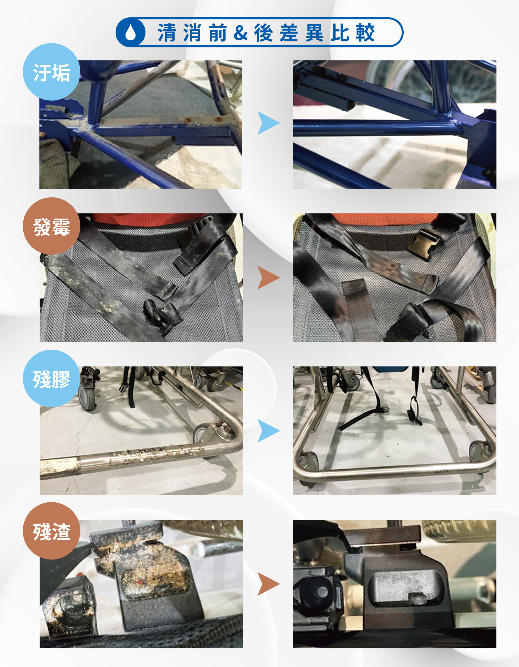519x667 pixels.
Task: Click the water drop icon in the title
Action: (x=131, y=32)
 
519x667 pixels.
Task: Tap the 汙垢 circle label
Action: (x=52, y=72)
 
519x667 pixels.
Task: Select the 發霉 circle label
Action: (x=52, y=226)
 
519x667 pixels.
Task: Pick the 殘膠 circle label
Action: (x=52, y=378)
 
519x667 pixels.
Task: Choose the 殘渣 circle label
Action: (x=52, y=531)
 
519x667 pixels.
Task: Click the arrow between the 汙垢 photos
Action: (x=267, y=123)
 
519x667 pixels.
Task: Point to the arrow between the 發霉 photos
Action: (x=267, y=278)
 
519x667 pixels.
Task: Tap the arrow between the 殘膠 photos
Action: (x=267, y=431)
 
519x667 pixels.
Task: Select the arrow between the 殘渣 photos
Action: (x=267, y=584)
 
